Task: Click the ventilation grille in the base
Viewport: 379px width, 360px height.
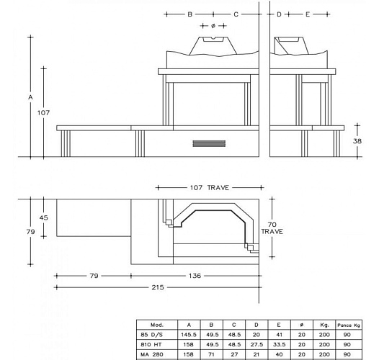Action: coord(209,143)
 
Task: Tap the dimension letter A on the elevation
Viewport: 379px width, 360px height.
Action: coord(30,97)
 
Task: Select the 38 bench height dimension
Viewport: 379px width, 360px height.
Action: coord(357,141)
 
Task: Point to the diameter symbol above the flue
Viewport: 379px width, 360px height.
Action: coord(213,26)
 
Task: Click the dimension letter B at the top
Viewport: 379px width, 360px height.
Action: coord(190,14)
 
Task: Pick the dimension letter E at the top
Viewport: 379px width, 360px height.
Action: coord(308,14)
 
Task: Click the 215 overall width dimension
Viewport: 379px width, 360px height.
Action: coord(158,287)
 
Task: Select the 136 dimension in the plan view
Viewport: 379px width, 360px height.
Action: coord(195,276)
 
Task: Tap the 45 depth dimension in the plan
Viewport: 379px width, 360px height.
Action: coord(43,217)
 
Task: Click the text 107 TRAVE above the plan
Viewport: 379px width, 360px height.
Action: coord(210,188)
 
